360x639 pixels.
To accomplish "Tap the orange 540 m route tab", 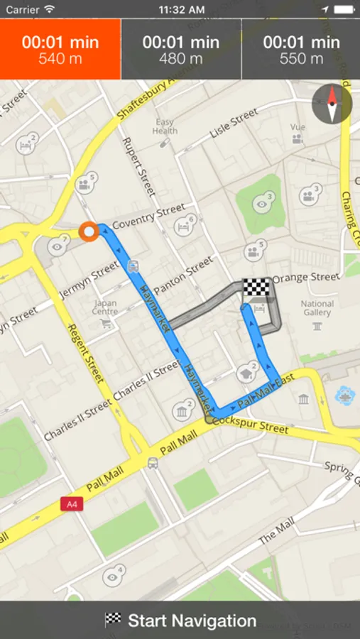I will pos(60,49).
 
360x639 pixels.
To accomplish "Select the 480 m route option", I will pos(181,49).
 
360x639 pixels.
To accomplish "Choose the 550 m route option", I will pos(301,49).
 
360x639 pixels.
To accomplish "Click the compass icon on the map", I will pos(332,104).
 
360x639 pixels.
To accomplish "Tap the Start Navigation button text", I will pos(192,621).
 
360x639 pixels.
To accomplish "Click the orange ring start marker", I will pos(89,231).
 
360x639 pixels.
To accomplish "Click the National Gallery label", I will pos(317,308).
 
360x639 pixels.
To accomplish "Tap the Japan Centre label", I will pos(105,307).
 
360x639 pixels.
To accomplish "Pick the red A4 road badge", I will pos(71,504).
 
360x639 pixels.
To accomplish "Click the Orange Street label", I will pos(306,277).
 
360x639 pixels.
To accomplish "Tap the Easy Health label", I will pos(165,126).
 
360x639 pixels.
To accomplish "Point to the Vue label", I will pos(298,127).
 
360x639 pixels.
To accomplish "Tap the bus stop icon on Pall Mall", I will pos(153,464).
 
